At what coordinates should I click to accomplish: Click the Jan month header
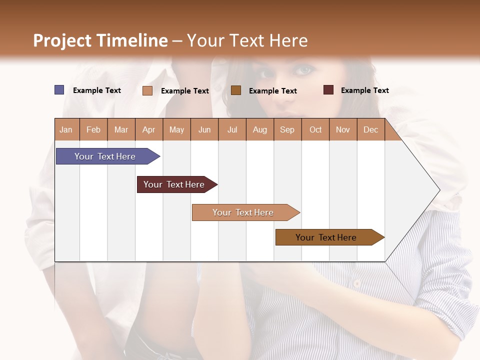[x=66, y=129]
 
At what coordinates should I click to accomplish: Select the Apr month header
[x=149, y=129]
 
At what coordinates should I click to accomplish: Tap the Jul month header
[x=232, y=129]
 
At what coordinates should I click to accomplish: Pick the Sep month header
[x=287, y=129]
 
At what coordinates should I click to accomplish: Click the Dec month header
[x=370, y=129]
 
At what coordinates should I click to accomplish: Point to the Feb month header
[x=93, y=129]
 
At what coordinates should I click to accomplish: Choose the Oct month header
[x=315, y=129]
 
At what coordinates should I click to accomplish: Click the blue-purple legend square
[x=59, y=90]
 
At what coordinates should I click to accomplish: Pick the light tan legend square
[x=147, y=90]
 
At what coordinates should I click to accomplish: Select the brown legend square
[x=236, y=90]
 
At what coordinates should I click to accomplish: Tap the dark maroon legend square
[x=328, y=90]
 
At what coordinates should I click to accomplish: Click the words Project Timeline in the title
[x=100, y=40]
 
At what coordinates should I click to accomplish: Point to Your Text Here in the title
[x=247, y=40]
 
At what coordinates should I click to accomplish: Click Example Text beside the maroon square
[x=364, y=90]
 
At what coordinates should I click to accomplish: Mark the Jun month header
[x=204, y=129]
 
